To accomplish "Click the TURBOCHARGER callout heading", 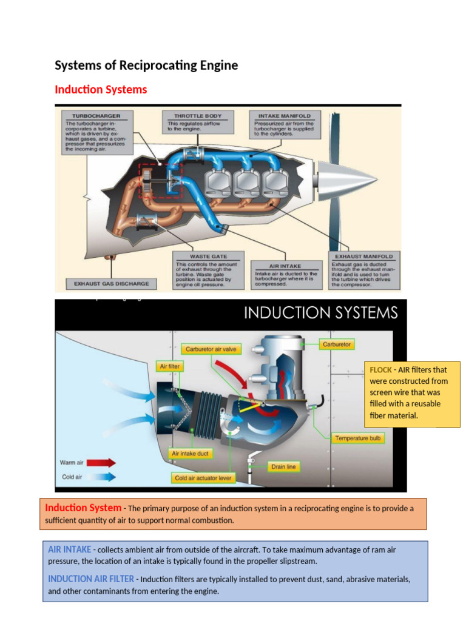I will click(x=96, y=115).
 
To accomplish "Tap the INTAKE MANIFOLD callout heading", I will click(x=284, y=115).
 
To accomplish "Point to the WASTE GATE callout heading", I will click(x=200, y=256).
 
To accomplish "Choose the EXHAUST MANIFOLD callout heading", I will click(x=364, y=256).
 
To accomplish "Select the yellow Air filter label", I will click(x=169, y=366).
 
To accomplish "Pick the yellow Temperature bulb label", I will click(x=359, y=438).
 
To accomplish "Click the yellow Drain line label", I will click(x=284, y=467).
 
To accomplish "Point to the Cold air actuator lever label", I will click(x=203, y=478).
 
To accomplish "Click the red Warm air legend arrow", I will click(x=100, y=463).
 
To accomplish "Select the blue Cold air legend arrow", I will click(x=100, y=477).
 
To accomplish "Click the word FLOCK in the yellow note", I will click(x=380, y=369).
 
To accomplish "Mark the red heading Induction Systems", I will click(x=101, y=90).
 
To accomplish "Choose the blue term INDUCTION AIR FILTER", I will click(x=91, y=579).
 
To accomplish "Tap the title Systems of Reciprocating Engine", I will click(x=146, y=65).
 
